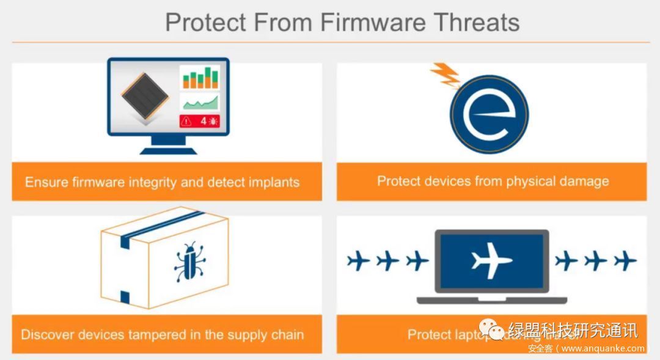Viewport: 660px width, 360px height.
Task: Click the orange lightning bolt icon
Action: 446,75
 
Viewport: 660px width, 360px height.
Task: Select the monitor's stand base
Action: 167,149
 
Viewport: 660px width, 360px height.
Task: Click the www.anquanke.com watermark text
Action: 603,349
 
